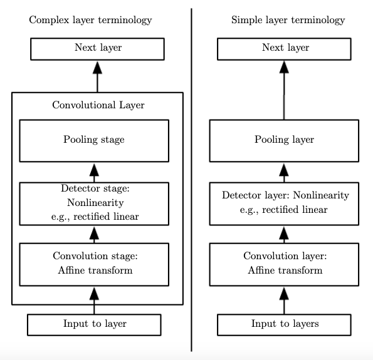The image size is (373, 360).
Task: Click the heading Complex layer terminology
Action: click(x=90, y=20)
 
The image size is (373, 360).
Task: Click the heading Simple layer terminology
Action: click(x=288, y=20)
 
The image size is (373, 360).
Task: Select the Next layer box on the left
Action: click(x=97, y=49)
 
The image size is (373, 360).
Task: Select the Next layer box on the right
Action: click(x=284, y=49)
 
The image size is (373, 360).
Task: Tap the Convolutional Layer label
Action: click(x=98, y=105)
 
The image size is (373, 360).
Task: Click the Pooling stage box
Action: click(x=94, y=140)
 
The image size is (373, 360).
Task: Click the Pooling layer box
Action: click(x=284, y=140)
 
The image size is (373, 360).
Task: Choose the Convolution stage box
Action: click(x=94, y=264)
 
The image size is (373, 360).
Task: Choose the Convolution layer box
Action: click(x=284, y=264)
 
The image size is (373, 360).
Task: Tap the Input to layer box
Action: click(x=94, y=324)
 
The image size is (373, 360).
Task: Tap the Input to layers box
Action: click(x=284, y=324)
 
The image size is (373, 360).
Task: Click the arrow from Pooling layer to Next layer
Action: click(x=284, y=91)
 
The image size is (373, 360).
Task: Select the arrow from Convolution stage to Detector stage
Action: click(x=95, y=234)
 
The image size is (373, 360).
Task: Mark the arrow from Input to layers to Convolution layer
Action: click(x=284, y=301)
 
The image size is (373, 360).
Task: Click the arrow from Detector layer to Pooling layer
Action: click(x=284, y=172)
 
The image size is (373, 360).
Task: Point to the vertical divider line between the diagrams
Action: click(x=191, y=182)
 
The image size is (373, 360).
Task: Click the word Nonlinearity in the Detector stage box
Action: click(x=94, y=203)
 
